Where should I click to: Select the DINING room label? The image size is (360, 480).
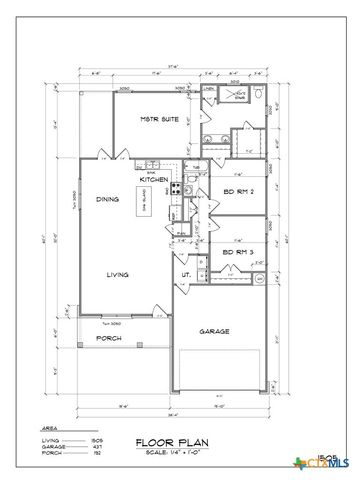(108, 200)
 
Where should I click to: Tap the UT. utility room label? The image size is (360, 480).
(186, 274)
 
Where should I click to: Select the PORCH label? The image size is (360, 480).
(108, 338)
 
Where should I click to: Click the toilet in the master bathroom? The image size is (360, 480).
(257, 96)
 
